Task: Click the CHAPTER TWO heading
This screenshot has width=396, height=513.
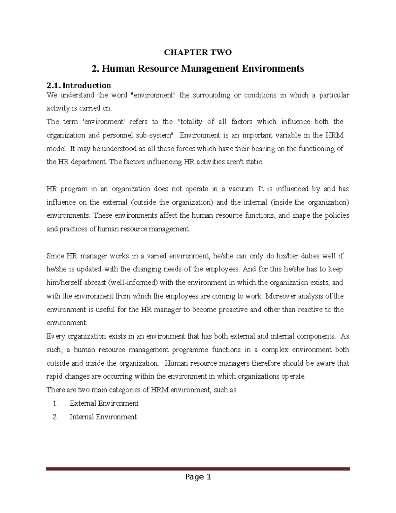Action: tap(198, 52)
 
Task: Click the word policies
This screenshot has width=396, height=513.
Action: tap(336, 216)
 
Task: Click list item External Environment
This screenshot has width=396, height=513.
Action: tap(104, 403)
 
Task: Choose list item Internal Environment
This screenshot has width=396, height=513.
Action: tap(103, 417)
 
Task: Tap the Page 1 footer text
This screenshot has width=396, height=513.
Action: tap(198, 477)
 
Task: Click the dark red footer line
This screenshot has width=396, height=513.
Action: tap(198, 468)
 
